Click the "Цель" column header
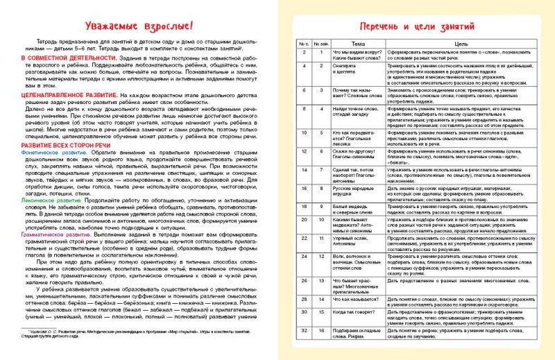[x=451, y=44]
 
